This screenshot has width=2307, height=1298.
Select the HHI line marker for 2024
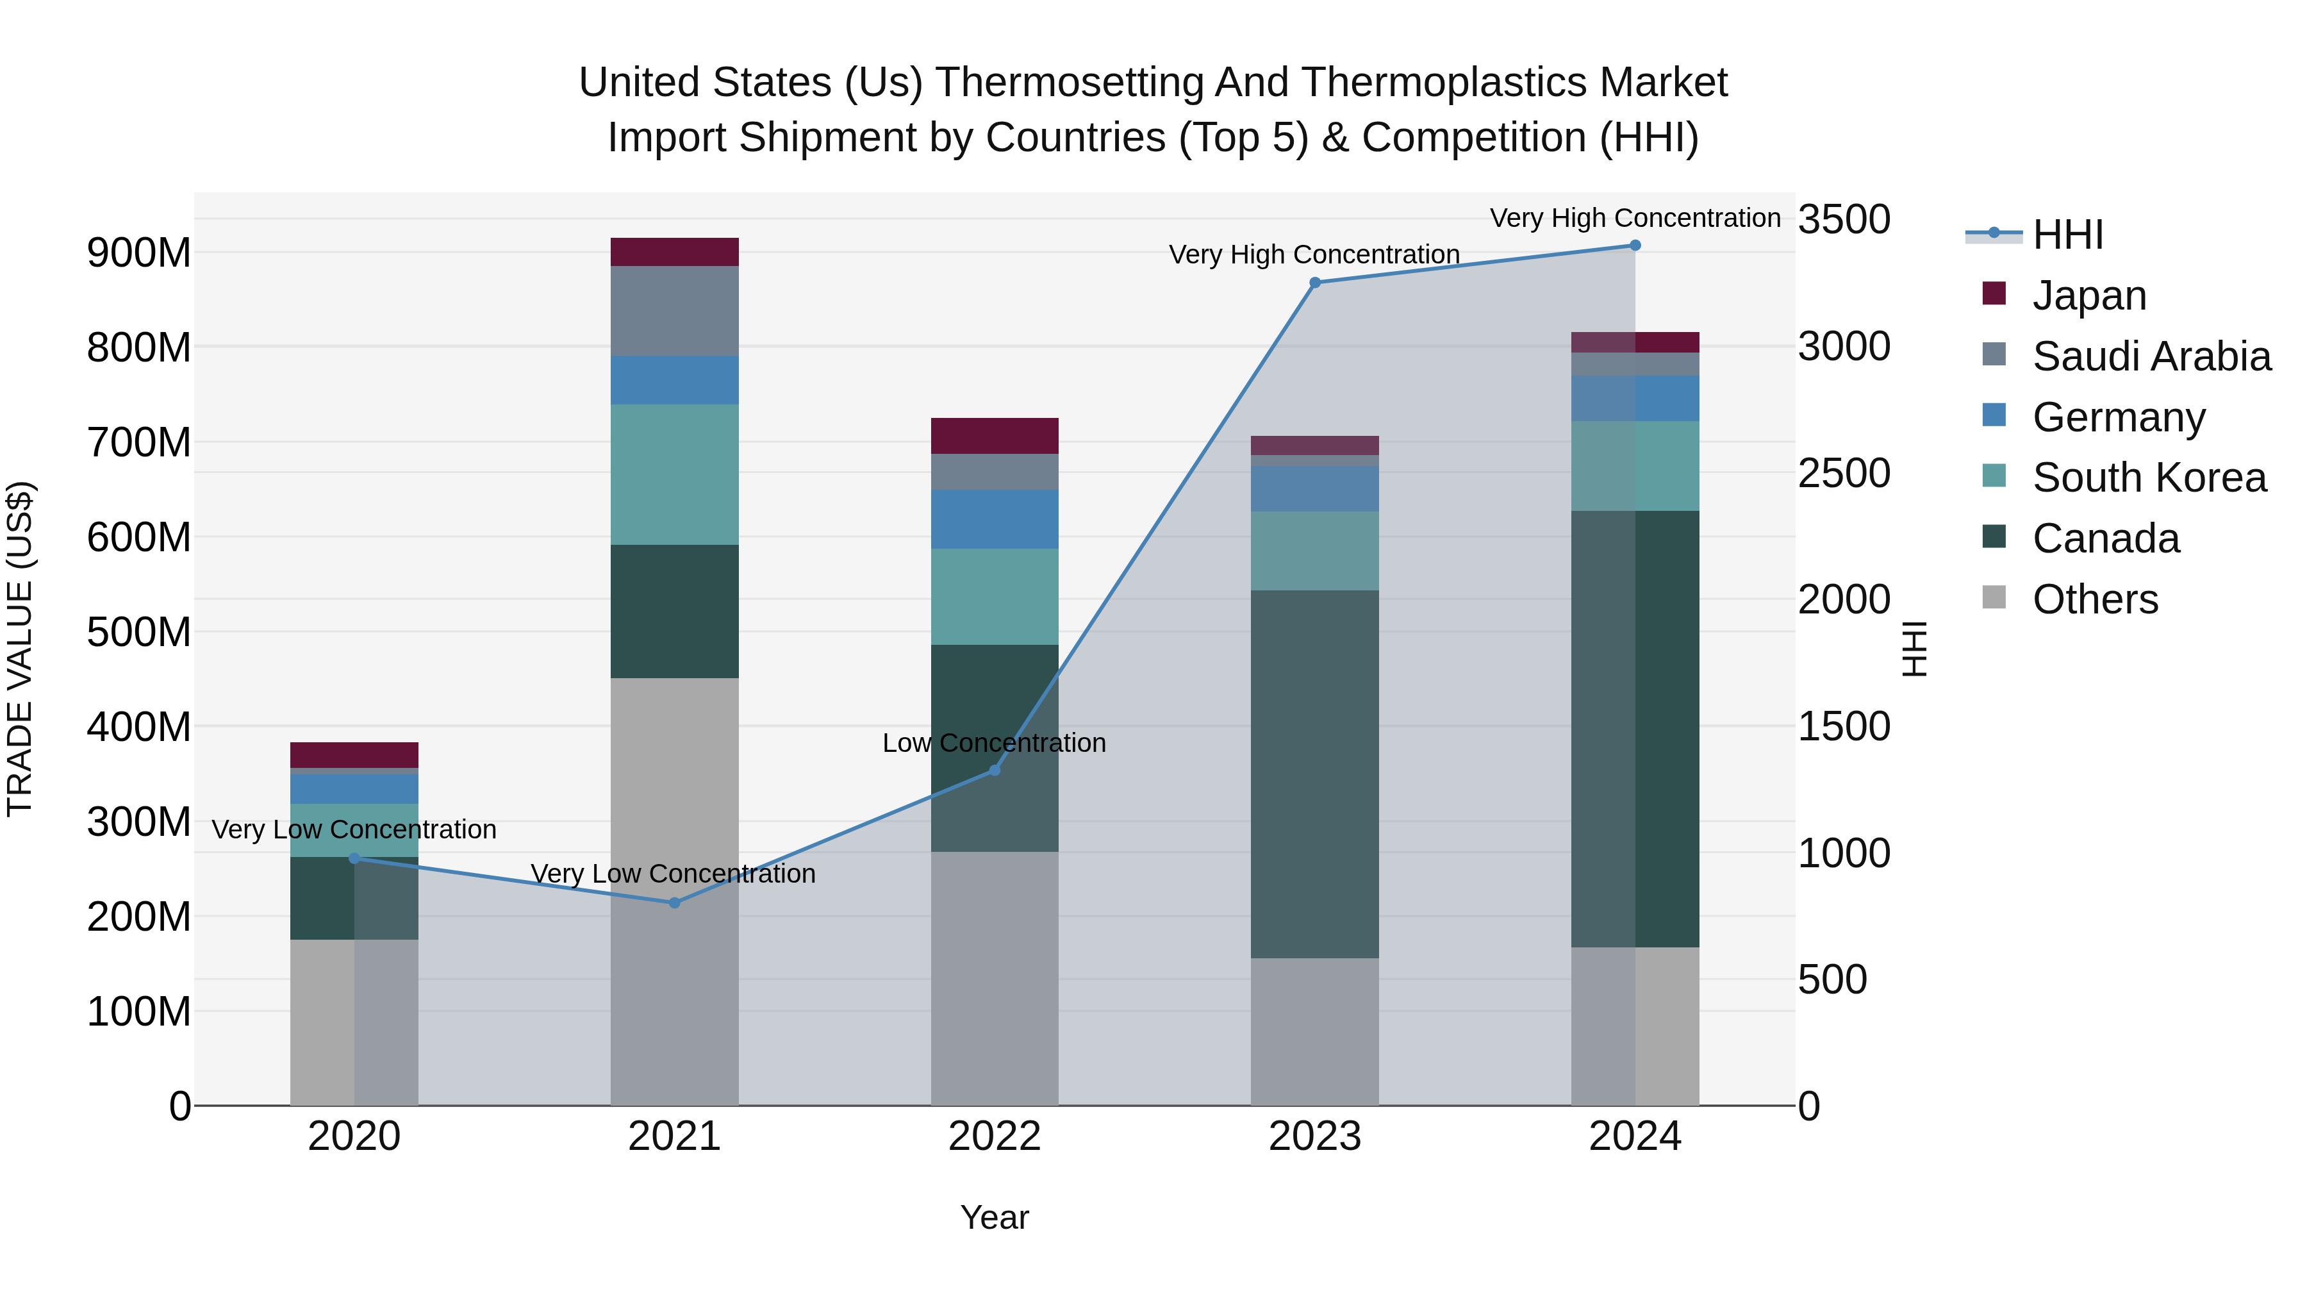click(1634, 245)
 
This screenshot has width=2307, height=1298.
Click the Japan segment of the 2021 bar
click(674, 252)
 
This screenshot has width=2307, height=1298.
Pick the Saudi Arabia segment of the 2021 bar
click(674, 311)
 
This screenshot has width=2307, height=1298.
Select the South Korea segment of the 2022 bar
click(994, 597)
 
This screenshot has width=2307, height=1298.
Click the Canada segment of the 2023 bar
click(1315, 774)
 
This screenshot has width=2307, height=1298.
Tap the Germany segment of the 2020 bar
click(354, 788)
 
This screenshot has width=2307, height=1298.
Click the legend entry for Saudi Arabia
click(2151, 356)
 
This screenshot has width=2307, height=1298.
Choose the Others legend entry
click(2095, 599)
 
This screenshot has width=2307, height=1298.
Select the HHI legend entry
click(2067, 235)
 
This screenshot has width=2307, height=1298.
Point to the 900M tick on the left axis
click(139, 253)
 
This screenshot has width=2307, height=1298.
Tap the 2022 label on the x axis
click(994, 1136)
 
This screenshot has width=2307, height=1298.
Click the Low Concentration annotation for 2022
click(994, 744)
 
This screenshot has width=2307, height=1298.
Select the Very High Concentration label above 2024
click(1634, 218)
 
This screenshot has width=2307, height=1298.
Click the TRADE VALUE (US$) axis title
click(20, 649)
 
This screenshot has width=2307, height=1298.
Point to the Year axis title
click(994, 1217)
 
